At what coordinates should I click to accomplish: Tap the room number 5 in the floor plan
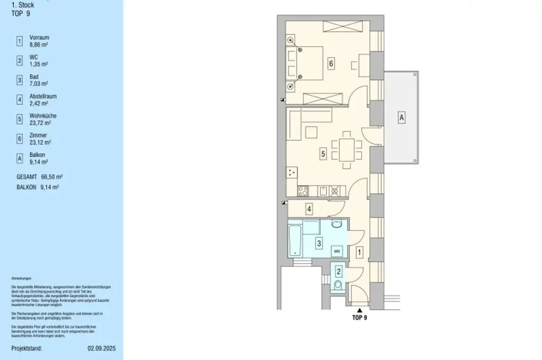pos(323,154)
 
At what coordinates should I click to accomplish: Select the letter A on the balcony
pos(402,118)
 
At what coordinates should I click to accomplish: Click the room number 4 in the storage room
pos(309,209)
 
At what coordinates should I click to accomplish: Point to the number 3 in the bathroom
pos(318,244)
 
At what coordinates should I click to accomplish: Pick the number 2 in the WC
pos(339,273)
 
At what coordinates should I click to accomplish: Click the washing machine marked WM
pos(337,250)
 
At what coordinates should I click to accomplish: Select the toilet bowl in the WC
pos(338,286)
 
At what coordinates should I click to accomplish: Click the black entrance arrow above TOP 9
pos(359,310)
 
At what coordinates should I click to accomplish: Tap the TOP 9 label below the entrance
pos(359,318)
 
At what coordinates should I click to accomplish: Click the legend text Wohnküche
pos(43,116)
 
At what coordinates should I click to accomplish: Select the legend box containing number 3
pos(20,80)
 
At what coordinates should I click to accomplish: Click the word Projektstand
pos(26,349)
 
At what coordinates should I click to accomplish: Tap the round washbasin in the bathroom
pos(337,224)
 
